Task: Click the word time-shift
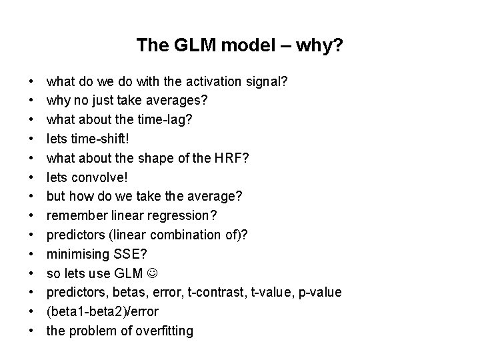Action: (95, 139)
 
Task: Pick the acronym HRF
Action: (215, 159)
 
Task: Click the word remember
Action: (73, 216)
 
